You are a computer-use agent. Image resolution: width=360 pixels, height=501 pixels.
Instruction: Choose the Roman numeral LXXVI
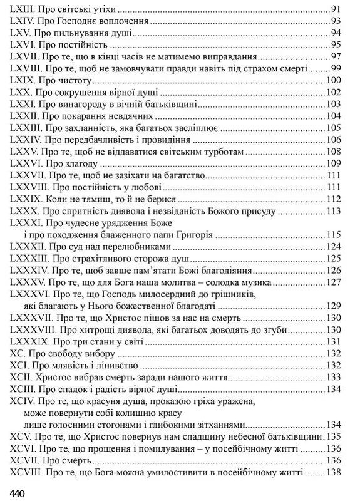(x=23, y=163)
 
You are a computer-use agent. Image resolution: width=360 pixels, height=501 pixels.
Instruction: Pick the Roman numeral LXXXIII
(x=29, y=258)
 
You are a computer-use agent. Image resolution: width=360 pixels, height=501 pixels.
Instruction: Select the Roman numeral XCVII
(x=24, y=458)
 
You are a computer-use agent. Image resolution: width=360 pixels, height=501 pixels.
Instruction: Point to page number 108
(x=333, y=152)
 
